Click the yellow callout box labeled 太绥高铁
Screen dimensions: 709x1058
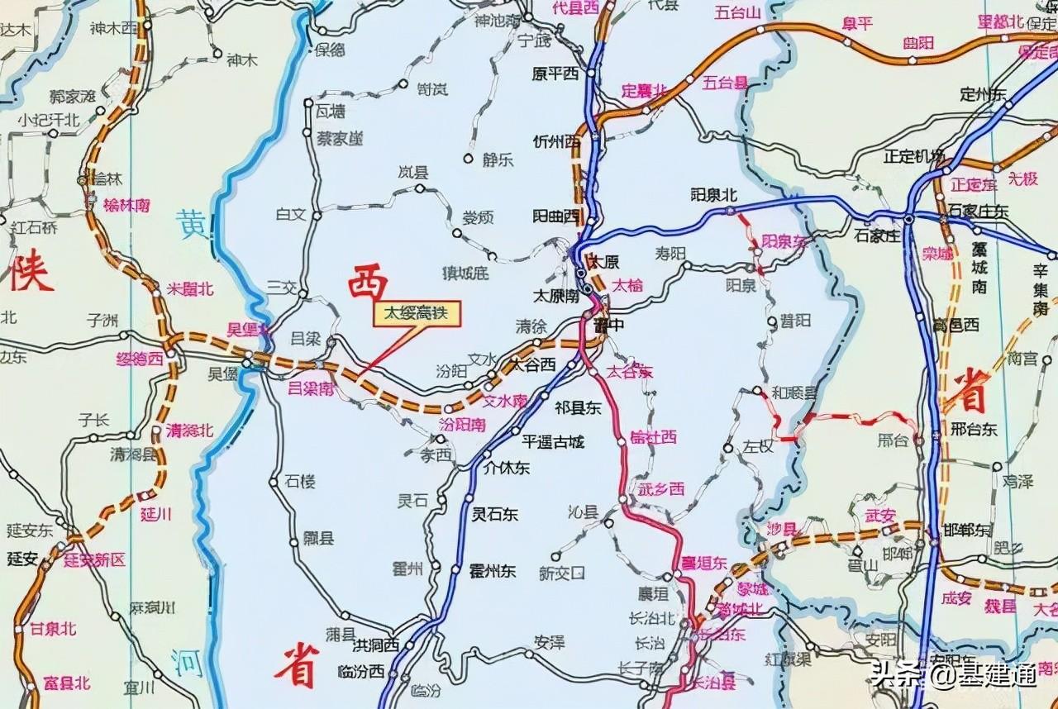(417, 316)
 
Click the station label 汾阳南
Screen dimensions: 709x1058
(461, 424)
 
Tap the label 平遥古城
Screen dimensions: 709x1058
(553, 442)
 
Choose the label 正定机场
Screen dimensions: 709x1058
(914, 156)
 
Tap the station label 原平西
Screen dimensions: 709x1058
(555, 74)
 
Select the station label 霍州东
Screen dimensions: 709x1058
(492, 571)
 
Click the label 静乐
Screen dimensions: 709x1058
(498, 160)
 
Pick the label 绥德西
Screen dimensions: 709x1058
(139, 359)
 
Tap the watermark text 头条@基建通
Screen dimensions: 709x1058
(952, 677)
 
